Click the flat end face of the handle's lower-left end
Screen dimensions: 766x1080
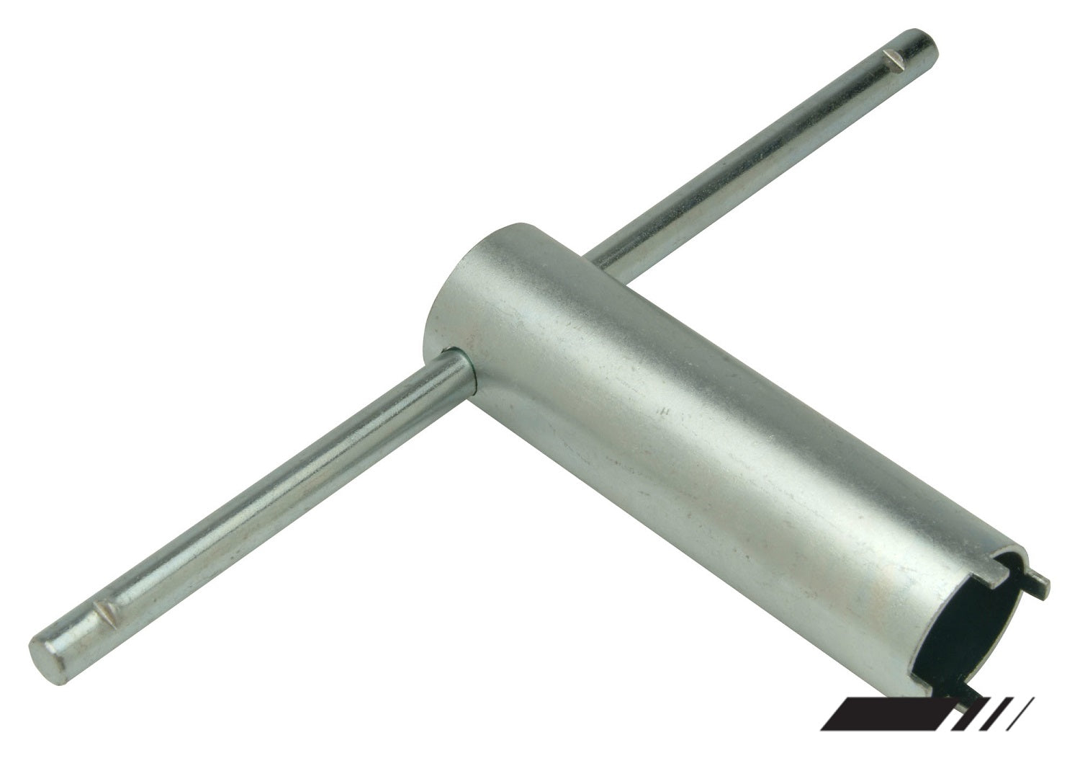coord(45,651)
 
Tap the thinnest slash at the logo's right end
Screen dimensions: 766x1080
coord(1022,732)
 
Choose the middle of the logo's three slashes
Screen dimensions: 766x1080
coord(998,732)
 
